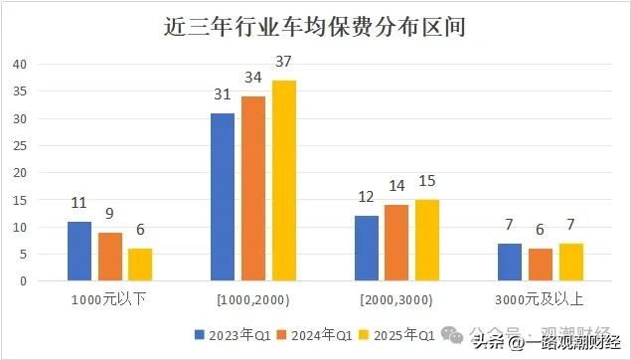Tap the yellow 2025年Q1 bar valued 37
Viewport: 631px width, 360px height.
pyautogui.click(x=283, y=180)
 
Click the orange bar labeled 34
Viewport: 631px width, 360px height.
pyautogui.click(x=253, y=188)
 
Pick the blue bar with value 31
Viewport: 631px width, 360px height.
pyautogui.click(x=223, y=197)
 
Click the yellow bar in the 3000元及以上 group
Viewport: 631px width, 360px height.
pyautogui.click(x=570, y=262)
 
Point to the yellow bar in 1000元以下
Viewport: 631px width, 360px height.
pyautogui.click(x=140, y=265)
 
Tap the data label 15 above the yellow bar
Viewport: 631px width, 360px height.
pyautogui.click(x=427, y=183)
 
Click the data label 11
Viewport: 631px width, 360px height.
pyautogui.click(x=79, y=204)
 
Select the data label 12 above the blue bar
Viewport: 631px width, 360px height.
pyautogui.click(x=367, y=199)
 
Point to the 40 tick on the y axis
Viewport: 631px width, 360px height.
pyautogui.click(x=19, y=65)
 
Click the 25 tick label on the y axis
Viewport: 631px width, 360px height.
pyautogui.click(x=19, y=146)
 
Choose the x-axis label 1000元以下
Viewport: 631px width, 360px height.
pyautogui.click(x=109, y=298)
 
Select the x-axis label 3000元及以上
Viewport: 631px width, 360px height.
pyautogui.click(x=540, y=298)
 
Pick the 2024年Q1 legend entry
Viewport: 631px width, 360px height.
pyautogui.click(x=310, y=334)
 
